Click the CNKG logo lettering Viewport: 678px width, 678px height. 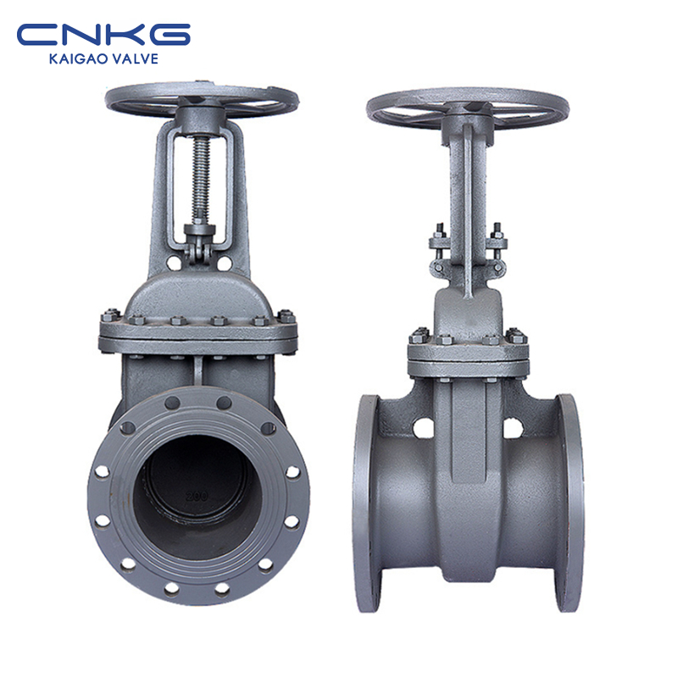coord(103,35)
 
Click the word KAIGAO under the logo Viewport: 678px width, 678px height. coord(79,58)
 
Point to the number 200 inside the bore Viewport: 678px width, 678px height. coord(197,497)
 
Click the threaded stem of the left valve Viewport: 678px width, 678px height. coord(201,178)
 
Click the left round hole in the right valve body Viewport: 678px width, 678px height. coord(423,427)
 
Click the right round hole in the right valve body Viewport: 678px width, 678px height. coord(514,427)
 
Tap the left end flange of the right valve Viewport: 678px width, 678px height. coord(366,503)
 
